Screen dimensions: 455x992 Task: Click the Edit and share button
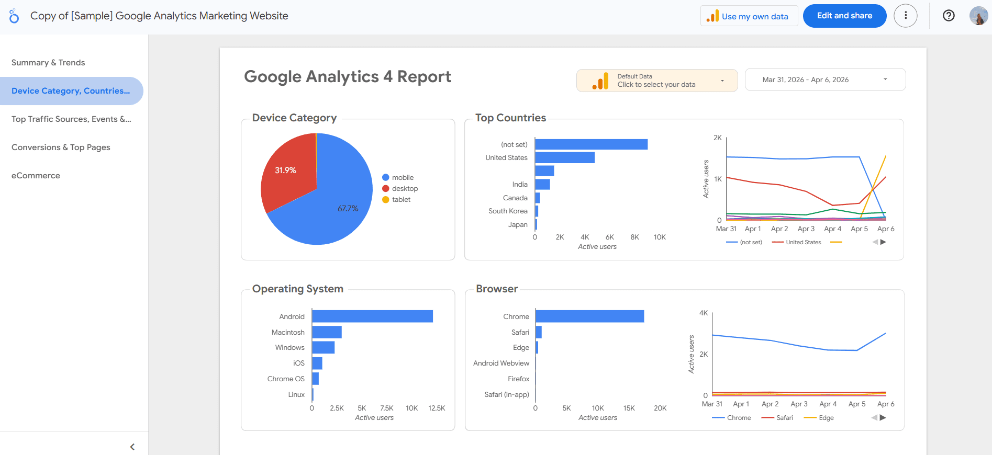(844, 16)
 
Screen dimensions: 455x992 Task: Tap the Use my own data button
(749, 16)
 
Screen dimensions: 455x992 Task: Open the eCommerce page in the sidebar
(36, 176)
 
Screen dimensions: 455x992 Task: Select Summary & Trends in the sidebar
(48, 63)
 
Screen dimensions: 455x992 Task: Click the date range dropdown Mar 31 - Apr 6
(825, 79)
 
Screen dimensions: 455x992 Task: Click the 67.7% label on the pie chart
(348, 209)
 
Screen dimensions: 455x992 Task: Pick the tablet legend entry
(401, 200)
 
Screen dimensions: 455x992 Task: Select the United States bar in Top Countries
(564, 157)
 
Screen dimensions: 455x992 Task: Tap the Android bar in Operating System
(372, 316)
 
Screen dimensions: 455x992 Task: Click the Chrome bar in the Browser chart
(589, 316)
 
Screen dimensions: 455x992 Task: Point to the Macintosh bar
(327, 332)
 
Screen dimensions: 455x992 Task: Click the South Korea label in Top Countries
(508, 211)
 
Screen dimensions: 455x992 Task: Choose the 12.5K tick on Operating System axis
(437, 408)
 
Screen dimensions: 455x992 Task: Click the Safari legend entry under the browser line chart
(784, 418)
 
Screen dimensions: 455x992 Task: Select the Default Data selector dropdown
(657, 81)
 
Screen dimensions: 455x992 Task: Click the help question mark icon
(949, 16)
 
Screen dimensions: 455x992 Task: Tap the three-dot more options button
(906, 16)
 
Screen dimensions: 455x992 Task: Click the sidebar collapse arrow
(132, 447)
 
